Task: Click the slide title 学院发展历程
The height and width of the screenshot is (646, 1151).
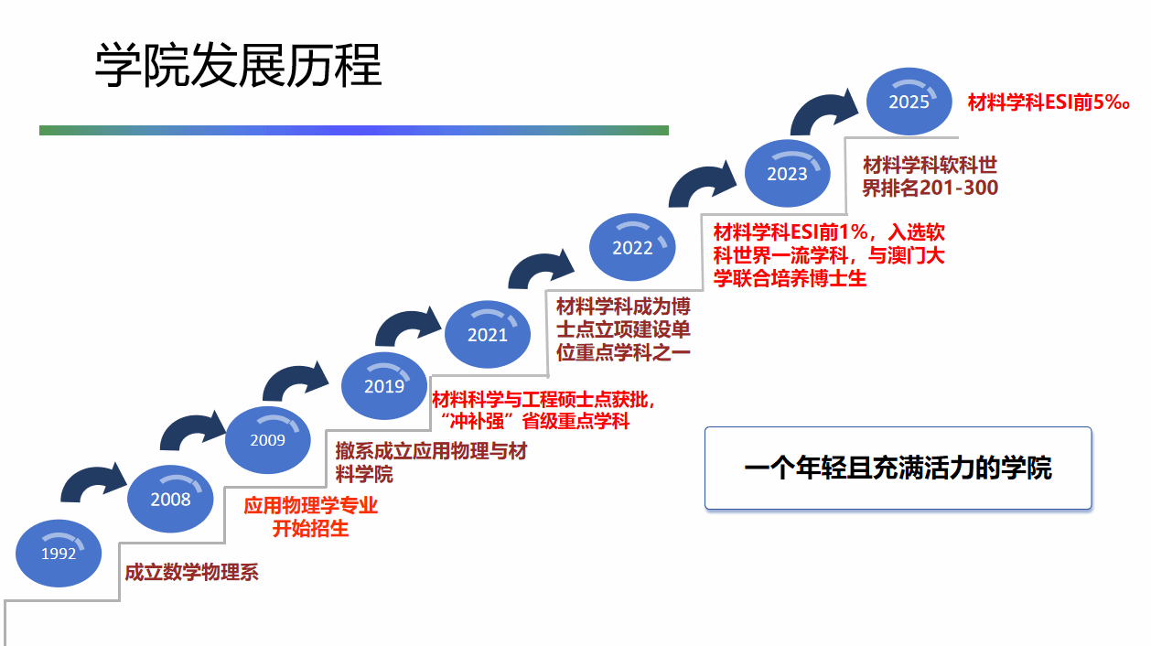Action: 238,65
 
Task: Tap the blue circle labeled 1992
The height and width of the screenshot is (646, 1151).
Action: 59,553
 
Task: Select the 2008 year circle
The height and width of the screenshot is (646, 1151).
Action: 170,499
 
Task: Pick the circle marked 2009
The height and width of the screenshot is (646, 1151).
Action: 267,440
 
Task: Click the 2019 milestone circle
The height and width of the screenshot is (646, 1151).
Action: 383,386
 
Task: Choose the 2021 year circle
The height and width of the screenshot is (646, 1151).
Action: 487,335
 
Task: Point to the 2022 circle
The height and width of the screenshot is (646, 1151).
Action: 632,247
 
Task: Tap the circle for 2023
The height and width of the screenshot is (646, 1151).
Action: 787,174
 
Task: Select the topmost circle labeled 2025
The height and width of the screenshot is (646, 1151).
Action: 909,102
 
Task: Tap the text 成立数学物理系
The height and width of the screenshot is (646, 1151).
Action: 191,573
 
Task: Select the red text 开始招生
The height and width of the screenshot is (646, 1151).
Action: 310,528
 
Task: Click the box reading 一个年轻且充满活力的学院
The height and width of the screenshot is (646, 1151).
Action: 898,468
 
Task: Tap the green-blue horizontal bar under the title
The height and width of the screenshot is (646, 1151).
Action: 353,130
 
